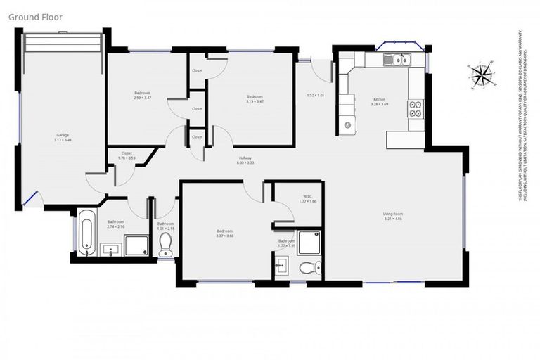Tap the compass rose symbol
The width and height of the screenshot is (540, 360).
[x=481, y=72]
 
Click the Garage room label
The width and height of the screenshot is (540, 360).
[x=63, y=136]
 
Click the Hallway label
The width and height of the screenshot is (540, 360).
[x=245, y=160]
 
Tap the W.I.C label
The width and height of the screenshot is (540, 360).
[x=308, y=198]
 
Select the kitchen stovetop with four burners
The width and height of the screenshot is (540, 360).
[x=415, y=108]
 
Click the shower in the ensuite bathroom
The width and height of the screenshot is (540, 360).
[x=309, y=242]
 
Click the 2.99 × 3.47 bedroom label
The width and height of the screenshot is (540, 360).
[x=143, y=95]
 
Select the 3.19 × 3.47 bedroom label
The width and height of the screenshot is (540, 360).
[x=254, y=98]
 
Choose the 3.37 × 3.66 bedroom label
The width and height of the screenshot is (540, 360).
[x=224, y=233]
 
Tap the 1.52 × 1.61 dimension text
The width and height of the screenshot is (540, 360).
[x=315, y=95]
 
